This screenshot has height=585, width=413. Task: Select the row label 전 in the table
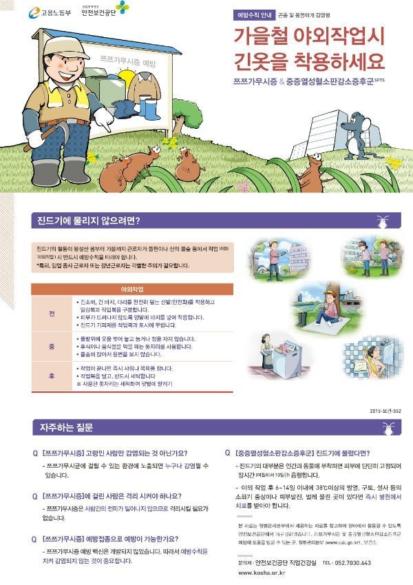52,314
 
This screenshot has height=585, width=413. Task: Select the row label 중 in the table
52,347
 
